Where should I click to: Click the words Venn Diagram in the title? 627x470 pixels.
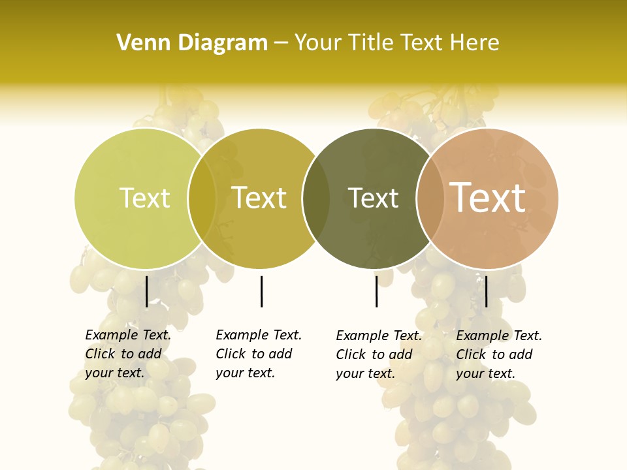pos(192,43)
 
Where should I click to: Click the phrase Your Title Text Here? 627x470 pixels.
pos(396,43)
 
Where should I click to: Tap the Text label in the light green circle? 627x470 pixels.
pos(144,198)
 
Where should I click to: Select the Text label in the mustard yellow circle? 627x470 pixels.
pos(259,198)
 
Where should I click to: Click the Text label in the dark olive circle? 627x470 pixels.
pos(373,198)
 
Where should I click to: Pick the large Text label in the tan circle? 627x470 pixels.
pos(488,197)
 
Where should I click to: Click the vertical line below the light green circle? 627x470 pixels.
pos(147,291)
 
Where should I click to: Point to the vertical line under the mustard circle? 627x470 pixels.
pos(261,291)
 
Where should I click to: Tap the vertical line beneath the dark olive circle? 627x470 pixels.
pos(376,291)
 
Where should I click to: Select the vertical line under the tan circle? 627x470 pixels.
pos(487,291)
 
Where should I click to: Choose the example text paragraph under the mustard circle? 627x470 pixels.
pos(258,354)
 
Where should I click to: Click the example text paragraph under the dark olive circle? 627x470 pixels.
pos(378,354)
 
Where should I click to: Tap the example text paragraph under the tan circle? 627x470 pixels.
pos(498,354)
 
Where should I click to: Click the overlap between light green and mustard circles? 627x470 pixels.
pos(202,198)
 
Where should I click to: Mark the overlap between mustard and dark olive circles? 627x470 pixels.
pos(316,198)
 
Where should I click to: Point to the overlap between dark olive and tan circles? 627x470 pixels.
pos(430,198)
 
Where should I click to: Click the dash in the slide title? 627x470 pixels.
pos(281,43)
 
